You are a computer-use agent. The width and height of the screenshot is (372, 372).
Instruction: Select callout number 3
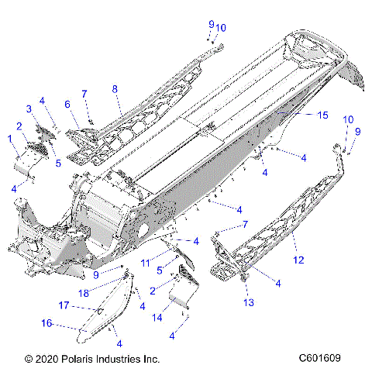click(29, 108)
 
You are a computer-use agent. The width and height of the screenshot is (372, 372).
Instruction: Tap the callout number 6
click(67, 104)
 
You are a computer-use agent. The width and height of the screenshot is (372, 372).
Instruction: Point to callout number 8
click(115, 89)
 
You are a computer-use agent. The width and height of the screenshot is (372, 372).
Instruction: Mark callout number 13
click(250, 301)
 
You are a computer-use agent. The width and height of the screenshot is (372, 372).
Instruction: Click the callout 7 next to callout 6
click(84, 94)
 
